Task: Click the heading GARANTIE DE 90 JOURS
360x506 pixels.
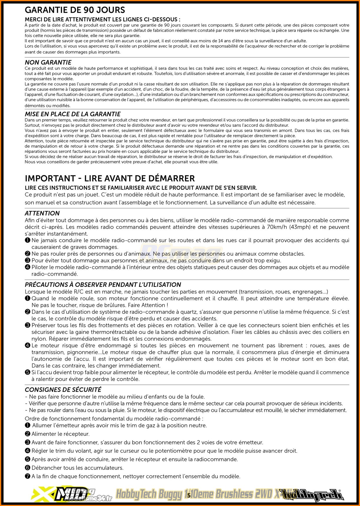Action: [x=75, y=10]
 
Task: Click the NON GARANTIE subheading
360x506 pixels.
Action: [x=48, y=62]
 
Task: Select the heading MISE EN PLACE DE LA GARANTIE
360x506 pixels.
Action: [x=73, y=114]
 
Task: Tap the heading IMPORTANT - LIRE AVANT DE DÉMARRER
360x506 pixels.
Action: [x=110, y=178]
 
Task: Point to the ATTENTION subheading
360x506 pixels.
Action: [x=42, y=213]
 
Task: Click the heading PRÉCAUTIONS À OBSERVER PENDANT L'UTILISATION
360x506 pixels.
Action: [x=103, y=285]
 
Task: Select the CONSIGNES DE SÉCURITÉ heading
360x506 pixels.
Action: [x=63, y=390]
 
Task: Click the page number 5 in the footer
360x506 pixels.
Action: [x=189, y=495]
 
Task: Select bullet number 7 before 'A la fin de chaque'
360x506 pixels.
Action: [x=28, y=476]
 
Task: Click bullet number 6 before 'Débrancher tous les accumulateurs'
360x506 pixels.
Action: [x=28, y=468]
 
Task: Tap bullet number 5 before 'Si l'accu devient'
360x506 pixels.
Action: [x=28, y=372]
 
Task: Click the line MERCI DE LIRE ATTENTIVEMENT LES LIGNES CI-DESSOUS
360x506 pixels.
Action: [x=102, y=20]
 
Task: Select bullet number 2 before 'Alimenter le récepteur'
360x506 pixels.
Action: [x=28, y=434]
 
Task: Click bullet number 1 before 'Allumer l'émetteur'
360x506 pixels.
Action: [x=28, y=425]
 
